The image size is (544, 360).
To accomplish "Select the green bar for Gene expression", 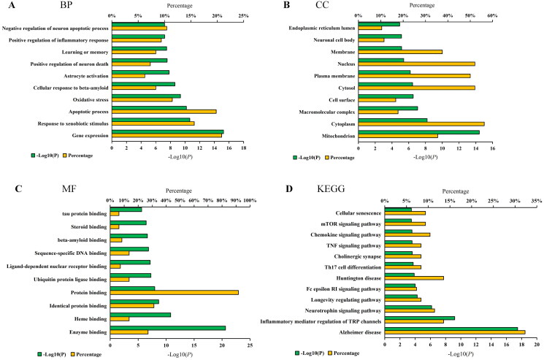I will click(167, 132).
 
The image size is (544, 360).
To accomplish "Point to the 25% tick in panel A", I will click(243, 15).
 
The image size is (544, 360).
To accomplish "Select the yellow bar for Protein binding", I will click(174, 293).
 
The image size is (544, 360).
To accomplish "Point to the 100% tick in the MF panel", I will click(250, 199).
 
